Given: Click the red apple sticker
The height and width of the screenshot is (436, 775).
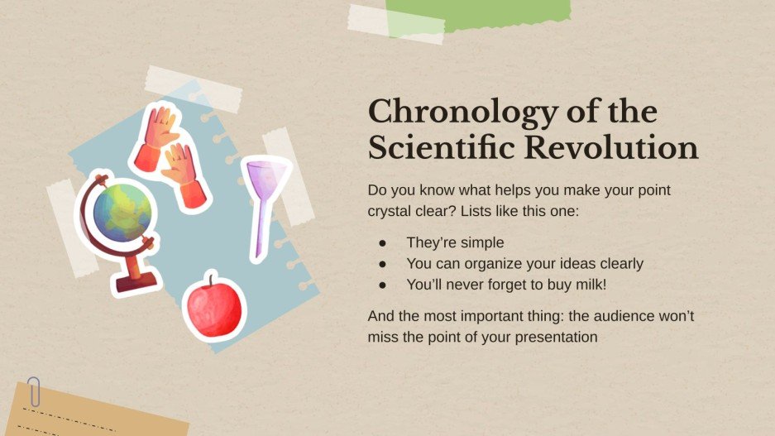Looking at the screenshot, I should click(214, 307).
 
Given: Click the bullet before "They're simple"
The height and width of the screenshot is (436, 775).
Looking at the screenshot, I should click(382, 243).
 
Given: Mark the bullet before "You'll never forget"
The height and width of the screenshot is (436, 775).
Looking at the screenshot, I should click(382, 285).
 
